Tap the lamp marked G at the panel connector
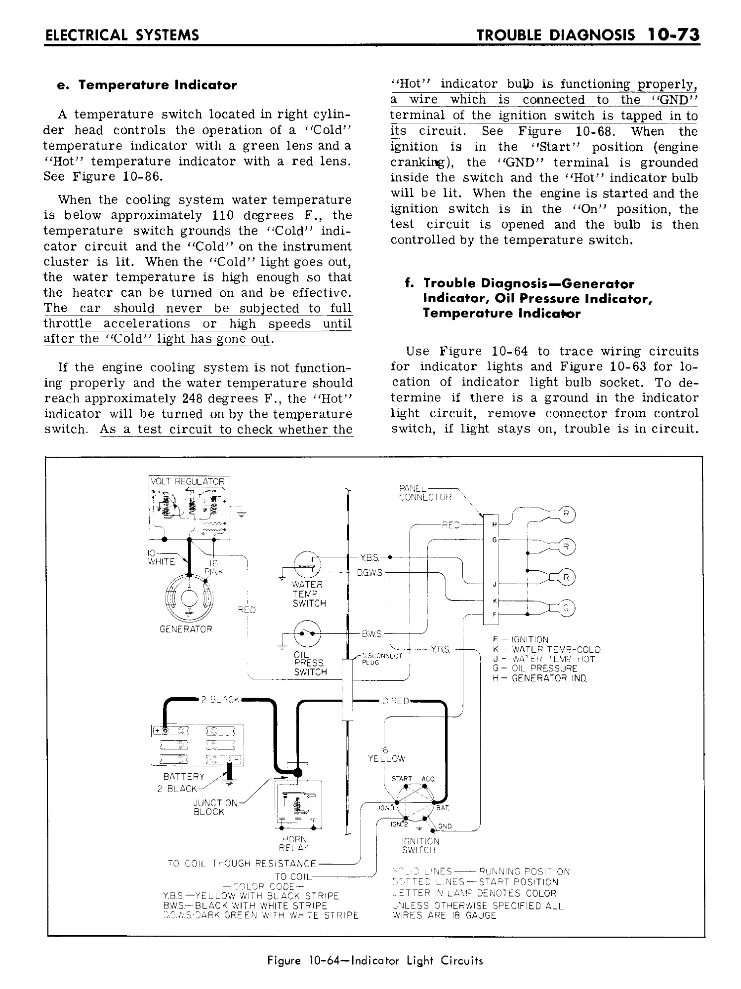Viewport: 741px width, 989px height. (x=567, y=609)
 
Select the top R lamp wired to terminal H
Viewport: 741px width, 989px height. (x=567, y=514)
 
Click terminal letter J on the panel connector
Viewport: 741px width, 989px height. (x=494, y=585)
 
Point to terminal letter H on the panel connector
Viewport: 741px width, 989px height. (x=494, y=523)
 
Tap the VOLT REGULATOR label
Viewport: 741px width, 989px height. (x=188, y=481)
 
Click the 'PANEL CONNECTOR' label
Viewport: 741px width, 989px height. (x=425, y=493)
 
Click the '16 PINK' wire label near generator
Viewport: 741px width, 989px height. (x=214, y=567)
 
